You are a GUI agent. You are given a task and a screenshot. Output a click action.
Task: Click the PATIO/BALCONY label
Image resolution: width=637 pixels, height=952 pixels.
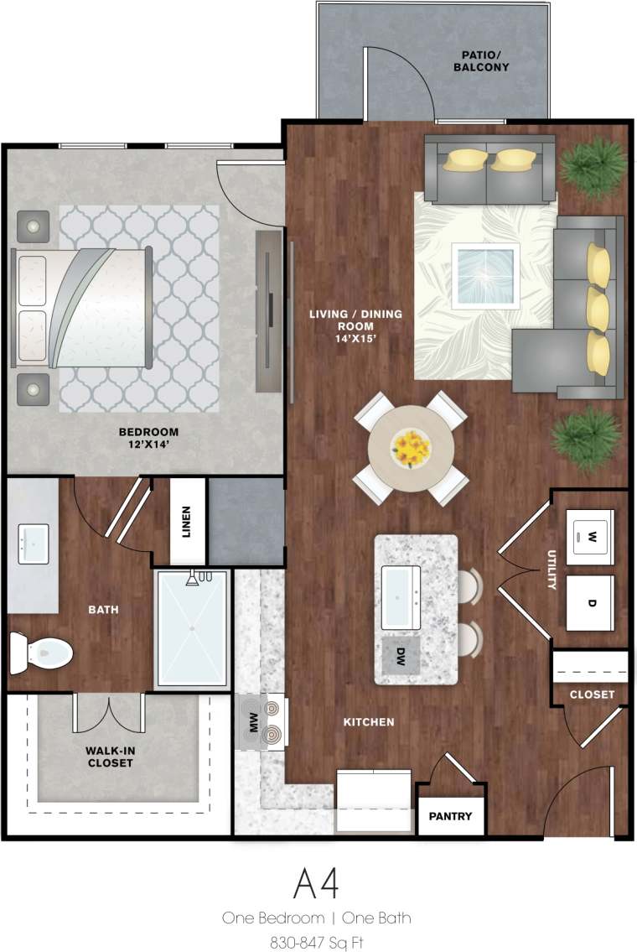[480, 61]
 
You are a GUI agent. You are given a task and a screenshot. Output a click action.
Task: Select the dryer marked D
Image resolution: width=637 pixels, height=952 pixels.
[592, 603]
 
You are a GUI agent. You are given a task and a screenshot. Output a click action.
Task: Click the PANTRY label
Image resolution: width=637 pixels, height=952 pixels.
[450, 816]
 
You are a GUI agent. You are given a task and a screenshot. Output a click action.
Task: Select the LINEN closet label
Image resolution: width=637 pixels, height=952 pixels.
[187, 521]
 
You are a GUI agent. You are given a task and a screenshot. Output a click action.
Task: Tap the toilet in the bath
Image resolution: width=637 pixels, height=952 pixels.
[42, 651]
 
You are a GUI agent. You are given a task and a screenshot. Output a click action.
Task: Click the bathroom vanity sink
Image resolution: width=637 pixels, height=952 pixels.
[33, 544]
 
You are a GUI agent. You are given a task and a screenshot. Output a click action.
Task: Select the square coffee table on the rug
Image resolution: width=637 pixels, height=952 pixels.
[484, 275]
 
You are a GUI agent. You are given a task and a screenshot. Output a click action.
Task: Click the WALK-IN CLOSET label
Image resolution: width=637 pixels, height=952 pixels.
[110, 757]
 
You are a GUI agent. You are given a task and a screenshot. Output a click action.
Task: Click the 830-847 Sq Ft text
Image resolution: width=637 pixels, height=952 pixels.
[316, 942]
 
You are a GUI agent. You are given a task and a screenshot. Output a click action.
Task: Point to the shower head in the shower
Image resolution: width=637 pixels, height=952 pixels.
[193, 579]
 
